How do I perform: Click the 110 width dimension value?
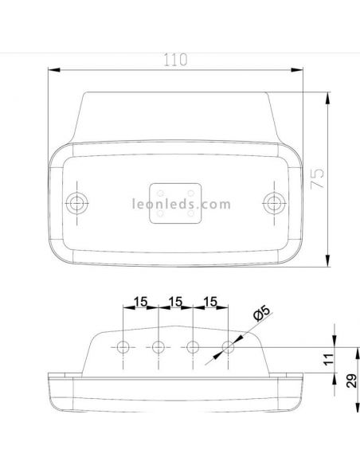click(x=176, y=59)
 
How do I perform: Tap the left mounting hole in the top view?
click(x=77, y=202)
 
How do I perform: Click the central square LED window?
click(x=175, y=202)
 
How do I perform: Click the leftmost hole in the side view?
click(x=123, y=347)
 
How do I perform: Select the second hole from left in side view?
click(x=158, y=347)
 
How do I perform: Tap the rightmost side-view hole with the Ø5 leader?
click(x=229, y=347)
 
